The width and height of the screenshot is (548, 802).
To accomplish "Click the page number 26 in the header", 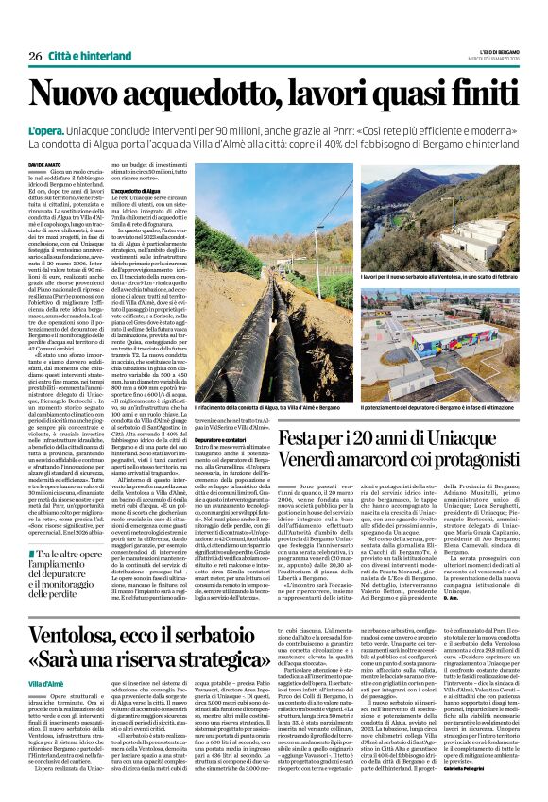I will point(35,58).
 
